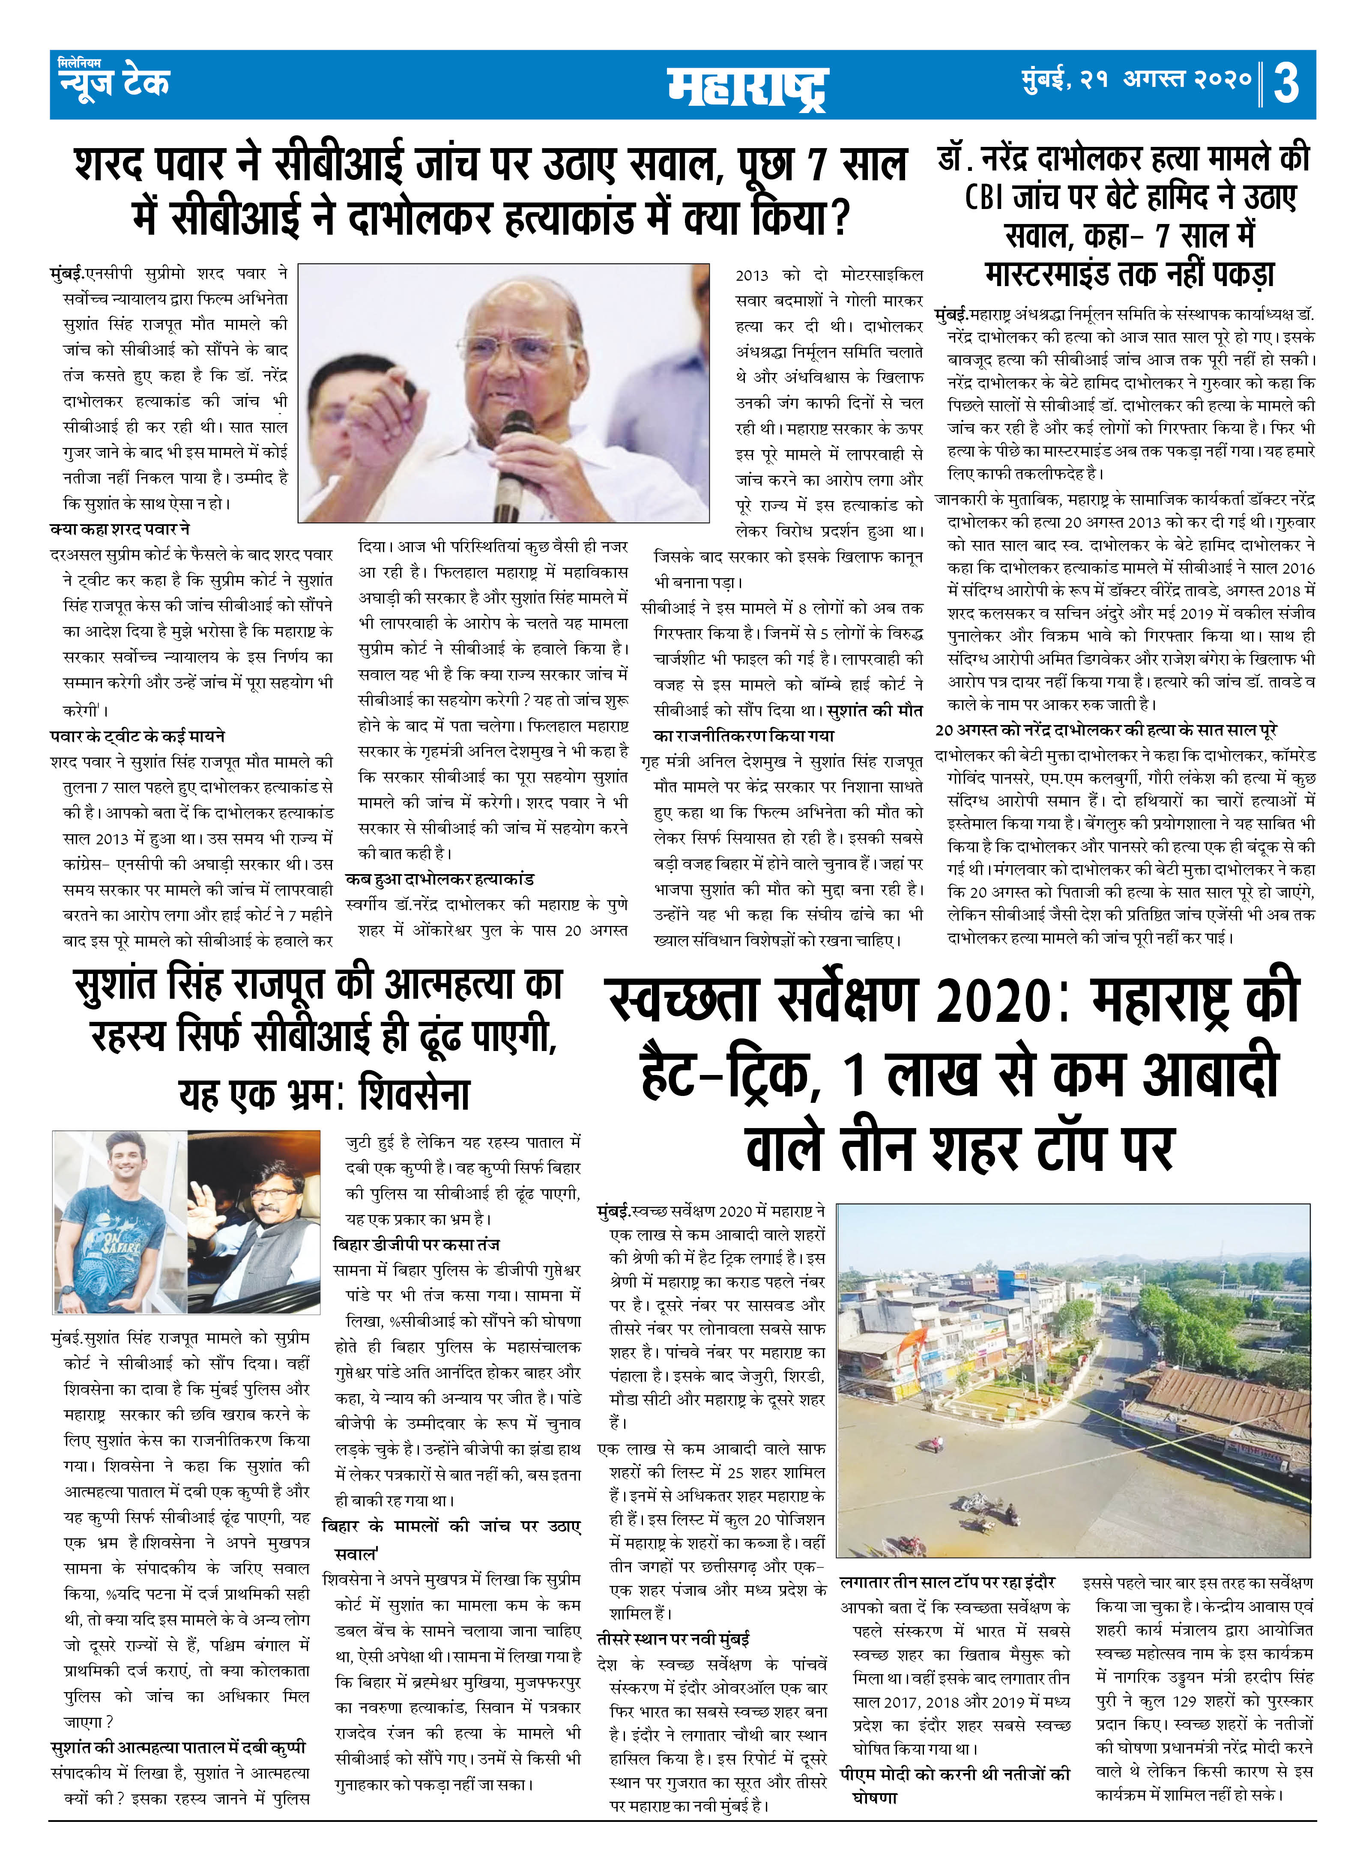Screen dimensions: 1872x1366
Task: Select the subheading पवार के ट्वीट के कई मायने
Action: pyautogui.click(x=137, y=736)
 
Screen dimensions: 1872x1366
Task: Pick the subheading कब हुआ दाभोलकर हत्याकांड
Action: pyautogui.click(x=439, y=879)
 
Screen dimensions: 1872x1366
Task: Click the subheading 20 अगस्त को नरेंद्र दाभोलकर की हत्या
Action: pyautogui.click(x=1106, y=730)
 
